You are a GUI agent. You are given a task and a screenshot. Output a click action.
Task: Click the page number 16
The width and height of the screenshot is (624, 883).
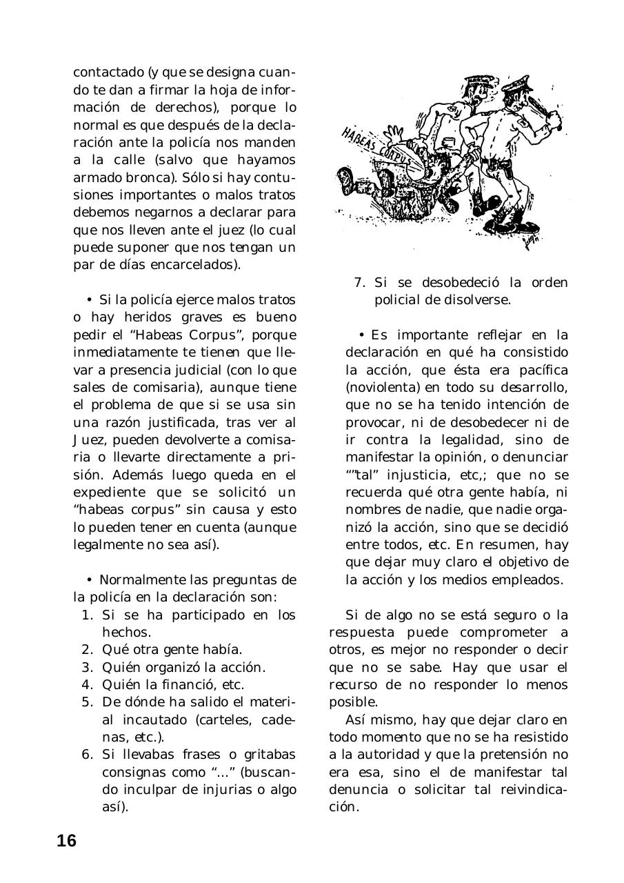point(67,841)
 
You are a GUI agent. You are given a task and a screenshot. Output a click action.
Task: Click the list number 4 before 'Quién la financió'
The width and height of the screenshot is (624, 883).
point(87,685)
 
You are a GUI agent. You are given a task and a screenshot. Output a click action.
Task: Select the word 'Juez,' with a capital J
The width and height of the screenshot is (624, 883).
point(91,439)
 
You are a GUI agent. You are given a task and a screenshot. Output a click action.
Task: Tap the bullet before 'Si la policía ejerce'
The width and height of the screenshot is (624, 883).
point(90,300)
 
